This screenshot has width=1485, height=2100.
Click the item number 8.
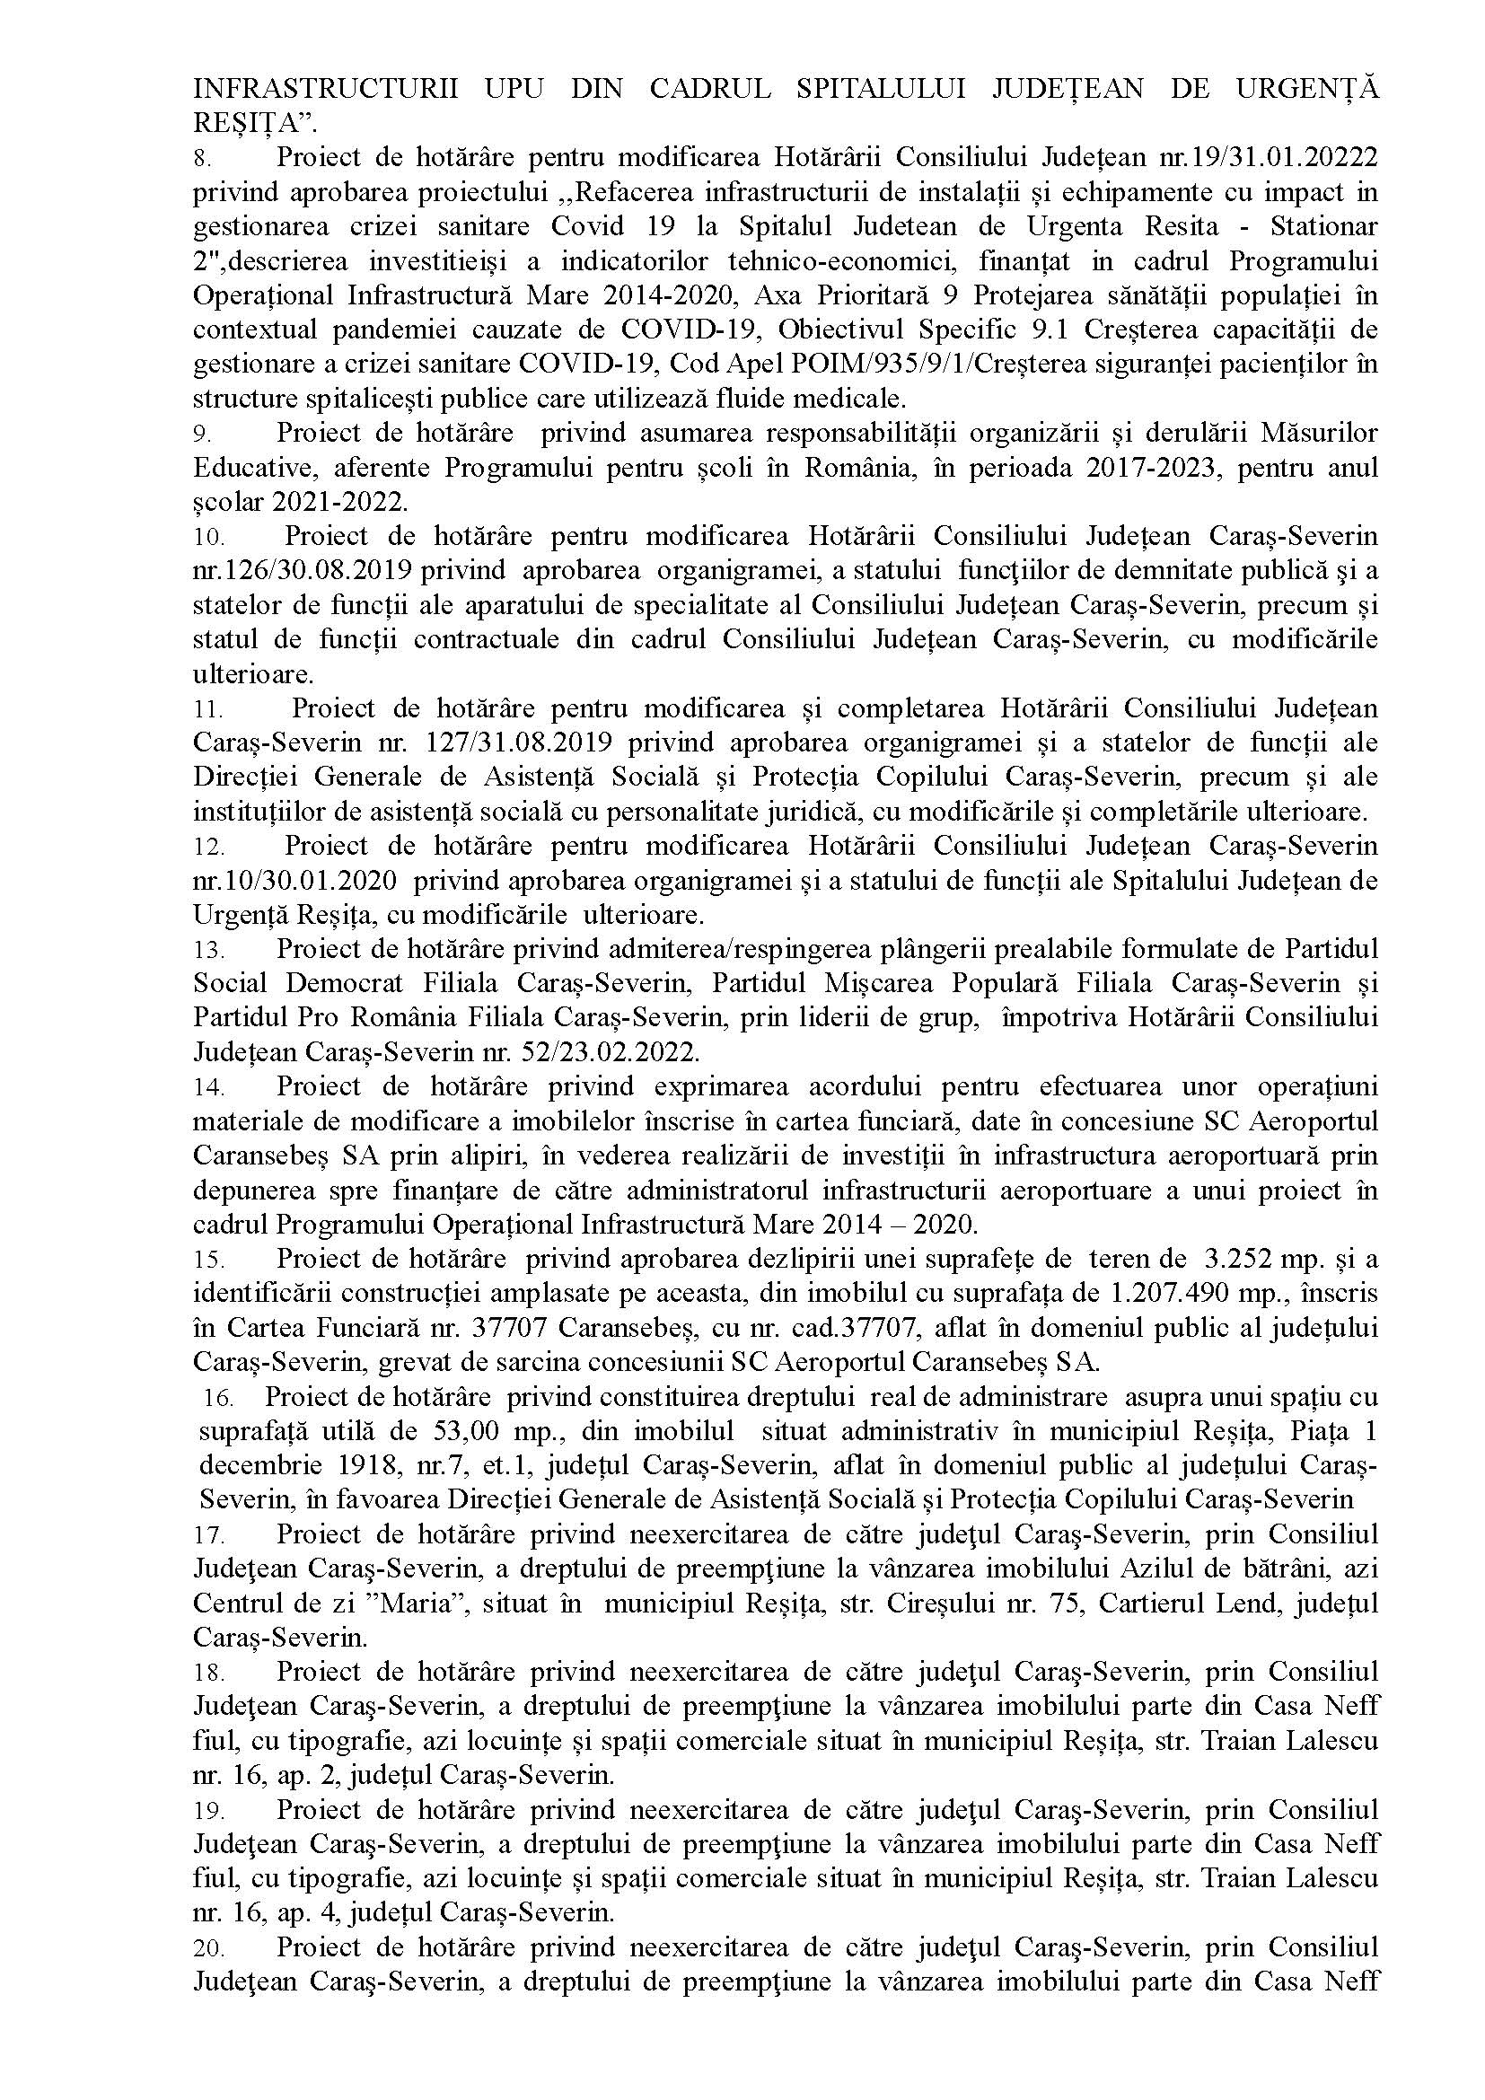202,159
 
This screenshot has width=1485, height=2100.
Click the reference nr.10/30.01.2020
295,882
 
